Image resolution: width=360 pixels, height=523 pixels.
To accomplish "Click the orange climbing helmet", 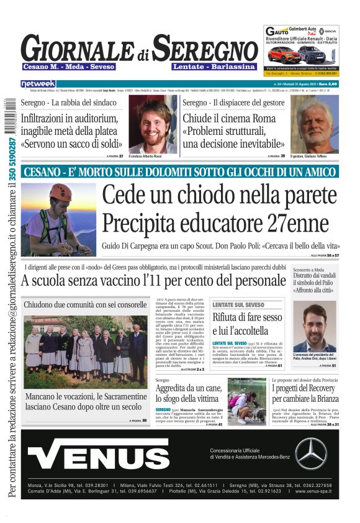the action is pyautogui.click(x=60, y=192).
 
